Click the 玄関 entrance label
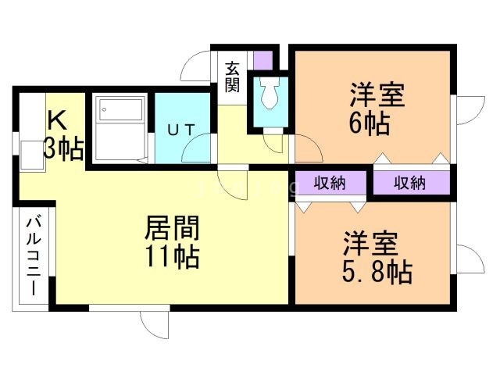pos(232,77)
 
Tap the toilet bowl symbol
pos(270,92)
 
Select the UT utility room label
pos(180,130)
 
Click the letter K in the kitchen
pos(57,120)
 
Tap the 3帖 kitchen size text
pos(64,148)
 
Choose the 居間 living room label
pos(172,227)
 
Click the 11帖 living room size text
pos(173,256)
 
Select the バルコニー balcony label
pos(34,256)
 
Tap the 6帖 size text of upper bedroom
pos(370,123)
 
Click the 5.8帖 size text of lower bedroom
pos(377,272)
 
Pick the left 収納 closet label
pos(330,183)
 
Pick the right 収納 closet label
pos(409,183)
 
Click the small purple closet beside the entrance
pos(263,60)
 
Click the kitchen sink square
pos(32,155)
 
